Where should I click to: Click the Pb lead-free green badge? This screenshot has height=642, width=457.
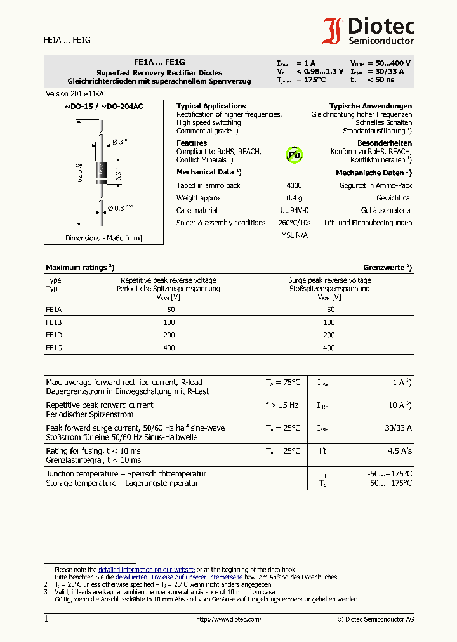294,154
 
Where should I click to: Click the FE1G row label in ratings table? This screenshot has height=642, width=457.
53,348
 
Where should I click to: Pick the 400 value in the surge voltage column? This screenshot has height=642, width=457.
328,348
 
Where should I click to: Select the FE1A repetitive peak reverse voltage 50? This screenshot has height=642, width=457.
171,310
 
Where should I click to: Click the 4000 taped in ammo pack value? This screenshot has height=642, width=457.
294,186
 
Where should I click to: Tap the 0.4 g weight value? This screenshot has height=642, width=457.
294,198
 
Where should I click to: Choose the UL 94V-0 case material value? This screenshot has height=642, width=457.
294,210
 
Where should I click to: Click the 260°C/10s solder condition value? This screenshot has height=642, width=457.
294,223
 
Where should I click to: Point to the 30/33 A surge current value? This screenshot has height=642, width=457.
398,428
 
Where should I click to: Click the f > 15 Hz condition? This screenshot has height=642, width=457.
282,405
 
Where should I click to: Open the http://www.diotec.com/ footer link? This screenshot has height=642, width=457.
228,619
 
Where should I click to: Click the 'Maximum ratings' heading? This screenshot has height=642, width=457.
79,268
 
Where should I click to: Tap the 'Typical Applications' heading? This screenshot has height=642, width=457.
211,106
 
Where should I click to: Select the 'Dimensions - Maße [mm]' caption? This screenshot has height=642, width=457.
103,239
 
